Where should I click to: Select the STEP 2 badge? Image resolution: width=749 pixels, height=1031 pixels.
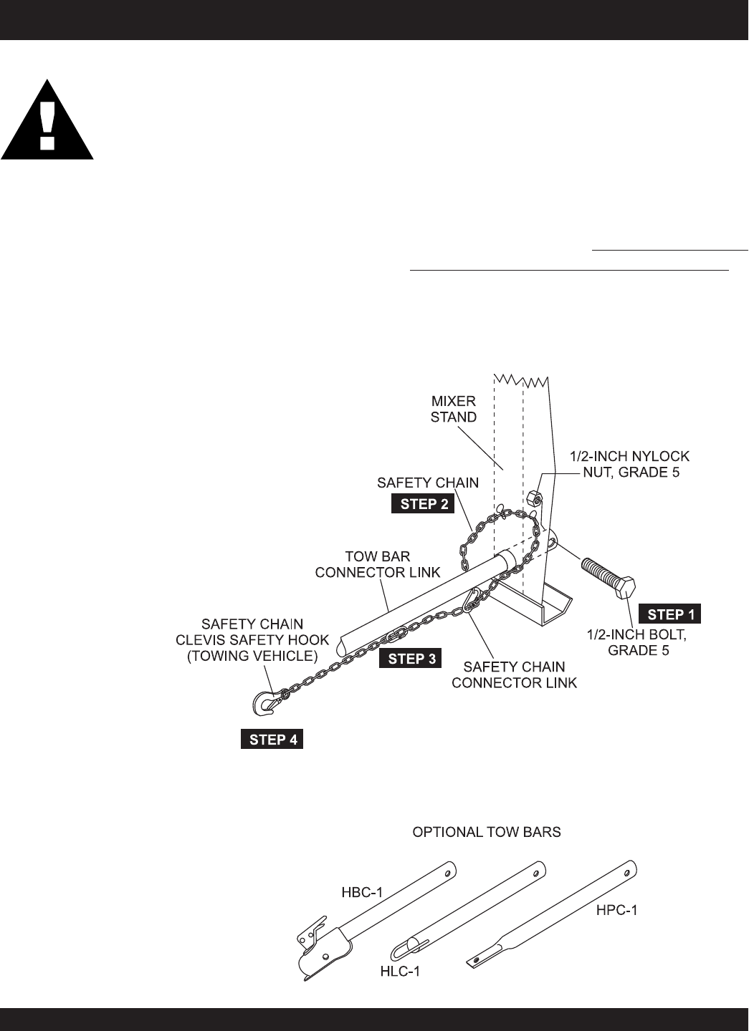click(424, 503)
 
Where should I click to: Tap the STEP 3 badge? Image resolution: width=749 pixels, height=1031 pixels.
click(411, 659)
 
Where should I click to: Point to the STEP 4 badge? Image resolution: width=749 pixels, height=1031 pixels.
click(272, 740)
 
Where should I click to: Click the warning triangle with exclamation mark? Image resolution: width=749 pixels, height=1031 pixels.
click(47, 120)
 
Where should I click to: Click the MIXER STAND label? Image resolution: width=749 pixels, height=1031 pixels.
click(454, 408)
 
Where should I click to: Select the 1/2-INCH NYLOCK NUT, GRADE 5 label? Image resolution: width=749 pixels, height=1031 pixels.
click(629, 464)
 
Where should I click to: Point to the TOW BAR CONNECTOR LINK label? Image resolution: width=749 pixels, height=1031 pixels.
click(392, 563)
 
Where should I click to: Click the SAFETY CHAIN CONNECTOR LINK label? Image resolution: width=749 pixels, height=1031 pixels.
click(514, 674)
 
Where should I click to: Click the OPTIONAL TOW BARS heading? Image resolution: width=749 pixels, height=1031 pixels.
click(486, 833)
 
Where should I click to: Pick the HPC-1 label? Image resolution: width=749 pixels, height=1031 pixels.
click(616, 911)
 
